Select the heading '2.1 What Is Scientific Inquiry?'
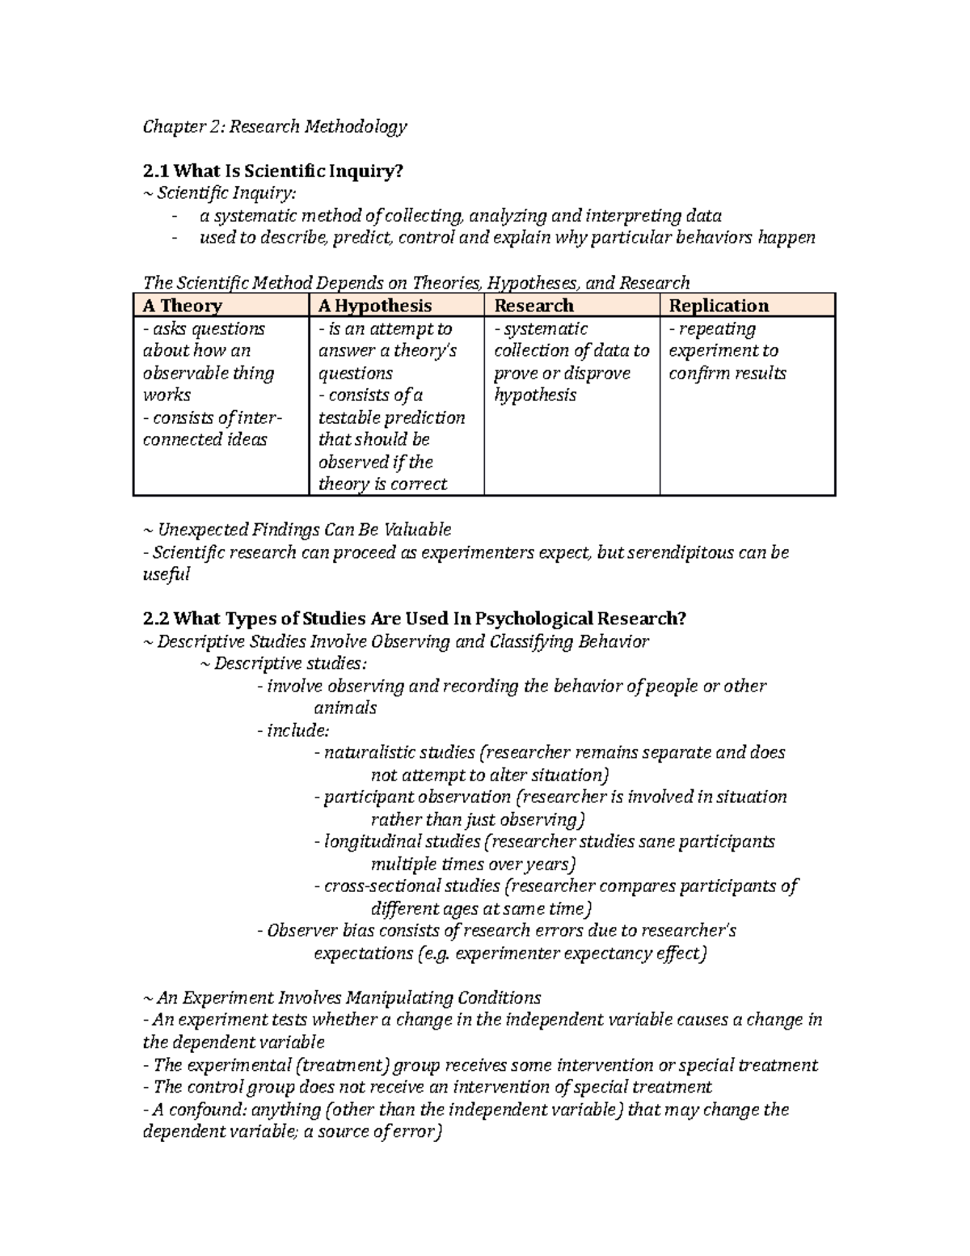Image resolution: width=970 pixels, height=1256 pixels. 272,171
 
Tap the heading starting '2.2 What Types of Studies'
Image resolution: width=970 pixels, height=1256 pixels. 414,619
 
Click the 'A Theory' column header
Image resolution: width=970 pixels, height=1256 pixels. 182,306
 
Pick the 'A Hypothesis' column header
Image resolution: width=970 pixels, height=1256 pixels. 375,306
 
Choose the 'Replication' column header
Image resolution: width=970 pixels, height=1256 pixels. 719,306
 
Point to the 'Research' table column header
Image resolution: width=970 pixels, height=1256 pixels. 533,306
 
